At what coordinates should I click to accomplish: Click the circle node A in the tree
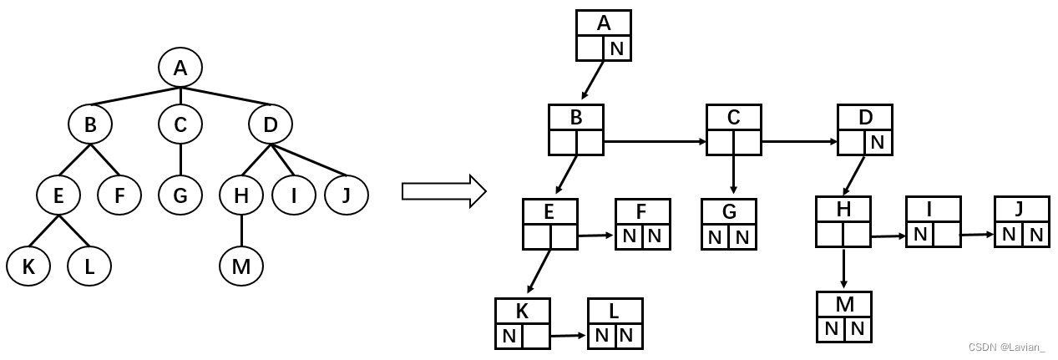point(180,68)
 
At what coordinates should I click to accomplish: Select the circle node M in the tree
point(241,266)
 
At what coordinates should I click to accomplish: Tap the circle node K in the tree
point(28,266)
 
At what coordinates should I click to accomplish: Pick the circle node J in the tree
point(347,196)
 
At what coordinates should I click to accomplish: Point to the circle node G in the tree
point(180,196)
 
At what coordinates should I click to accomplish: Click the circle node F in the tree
point(119,196)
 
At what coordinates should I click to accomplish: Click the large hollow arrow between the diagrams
point(443,190)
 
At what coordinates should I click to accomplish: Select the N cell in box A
point(617,48)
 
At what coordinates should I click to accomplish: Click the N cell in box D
point(878,143)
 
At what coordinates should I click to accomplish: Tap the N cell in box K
point(509,337)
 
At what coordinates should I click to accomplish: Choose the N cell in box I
point(920,235)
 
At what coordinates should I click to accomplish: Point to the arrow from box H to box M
point(844,268)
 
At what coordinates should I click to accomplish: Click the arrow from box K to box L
point(569,336)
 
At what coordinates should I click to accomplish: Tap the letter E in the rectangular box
point(549,212)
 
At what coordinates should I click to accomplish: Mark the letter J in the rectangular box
point(1020,209)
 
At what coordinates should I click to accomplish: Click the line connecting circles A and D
point(226,98)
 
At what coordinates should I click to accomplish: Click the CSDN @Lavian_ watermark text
point(1006,347)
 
